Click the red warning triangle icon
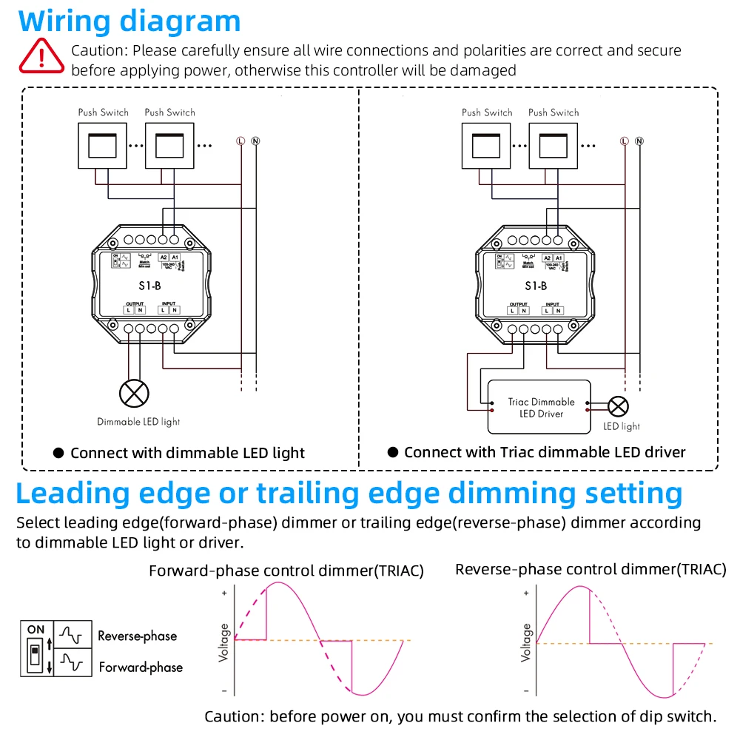click(x=42, y=54)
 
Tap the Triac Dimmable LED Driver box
click(x=540, y=407)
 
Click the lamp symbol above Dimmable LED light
click(x=134, y=393)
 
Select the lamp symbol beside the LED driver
click(x=618, y=406)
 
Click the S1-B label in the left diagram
click(x=152, y=286)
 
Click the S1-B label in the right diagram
click(x=536, y=286)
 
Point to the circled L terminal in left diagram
click(x=240, y=140)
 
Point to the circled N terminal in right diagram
click(x=639, y=140)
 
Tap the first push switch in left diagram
click(x=103, y=145)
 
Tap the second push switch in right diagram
click(x=554, y=145)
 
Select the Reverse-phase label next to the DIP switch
click(x=137, y=636)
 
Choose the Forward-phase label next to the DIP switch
click(x=141, y=667)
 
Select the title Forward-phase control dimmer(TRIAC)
click(x=286, y=571)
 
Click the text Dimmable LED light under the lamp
click(x=138, y=422)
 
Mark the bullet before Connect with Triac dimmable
click(x=393, y=451)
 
